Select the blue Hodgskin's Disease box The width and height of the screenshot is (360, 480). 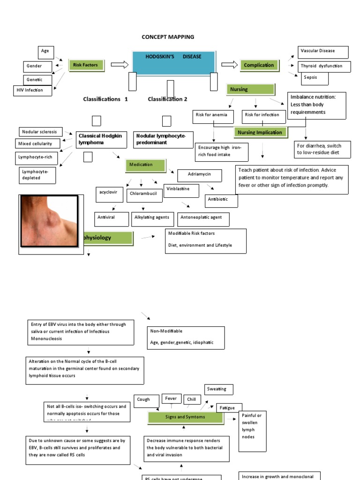[173, 62]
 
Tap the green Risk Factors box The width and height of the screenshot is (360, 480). [87, 65]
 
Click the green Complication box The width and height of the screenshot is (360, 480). [259, 66]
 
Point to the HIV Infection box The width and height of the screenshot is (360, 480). [33, 90]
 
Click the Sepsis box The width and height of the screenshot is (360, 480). [315, 78]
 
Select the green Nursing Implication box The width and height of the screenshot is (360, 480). [261, 133]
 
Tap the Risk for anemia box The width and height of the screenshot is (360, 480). [213, 115]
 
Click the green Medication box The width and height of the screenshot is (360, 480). [145, 165]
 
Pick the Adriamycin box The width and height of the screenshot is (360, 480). [199, 175]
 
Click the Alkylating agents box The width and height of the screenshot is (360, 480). [152, 218]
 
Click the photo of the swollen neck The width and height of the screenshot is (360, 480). [49, 221]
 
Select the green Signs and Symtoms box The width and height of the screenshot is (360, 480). [185, 417]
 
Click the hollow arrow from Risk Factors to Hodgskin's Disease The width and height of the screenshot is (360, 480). [119, 65]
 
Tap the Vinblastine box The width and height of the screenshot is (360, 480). [181, 189]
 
